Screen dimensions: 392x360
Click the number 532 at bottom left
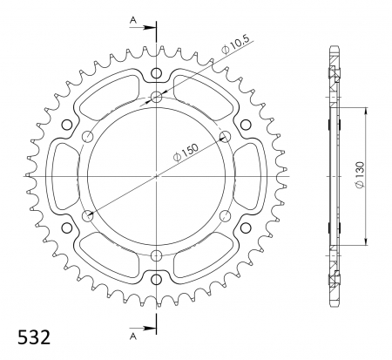pyautogui.click(x=34, y=337)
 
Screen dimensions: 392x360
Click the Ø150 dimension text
pyautogui.click(x=186, y=152)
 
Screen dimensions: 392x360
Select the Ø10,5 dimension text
pyautogui.click(x=235, y=45)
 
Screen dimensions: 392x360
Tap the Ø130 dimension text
pyautogui.click(x=360, y=175)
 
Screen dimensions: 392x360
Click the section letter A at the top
pyautogui.click(x=132, y=20)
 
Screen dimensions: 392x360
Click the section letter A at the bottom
pyautogui.click(x=132, y=336)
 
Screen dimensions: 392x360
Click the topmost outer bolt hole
pyautogui.click(x=157, y=73)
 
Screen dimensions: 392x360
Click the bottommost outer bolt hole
pyautogui.click(x=157, y=280)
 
